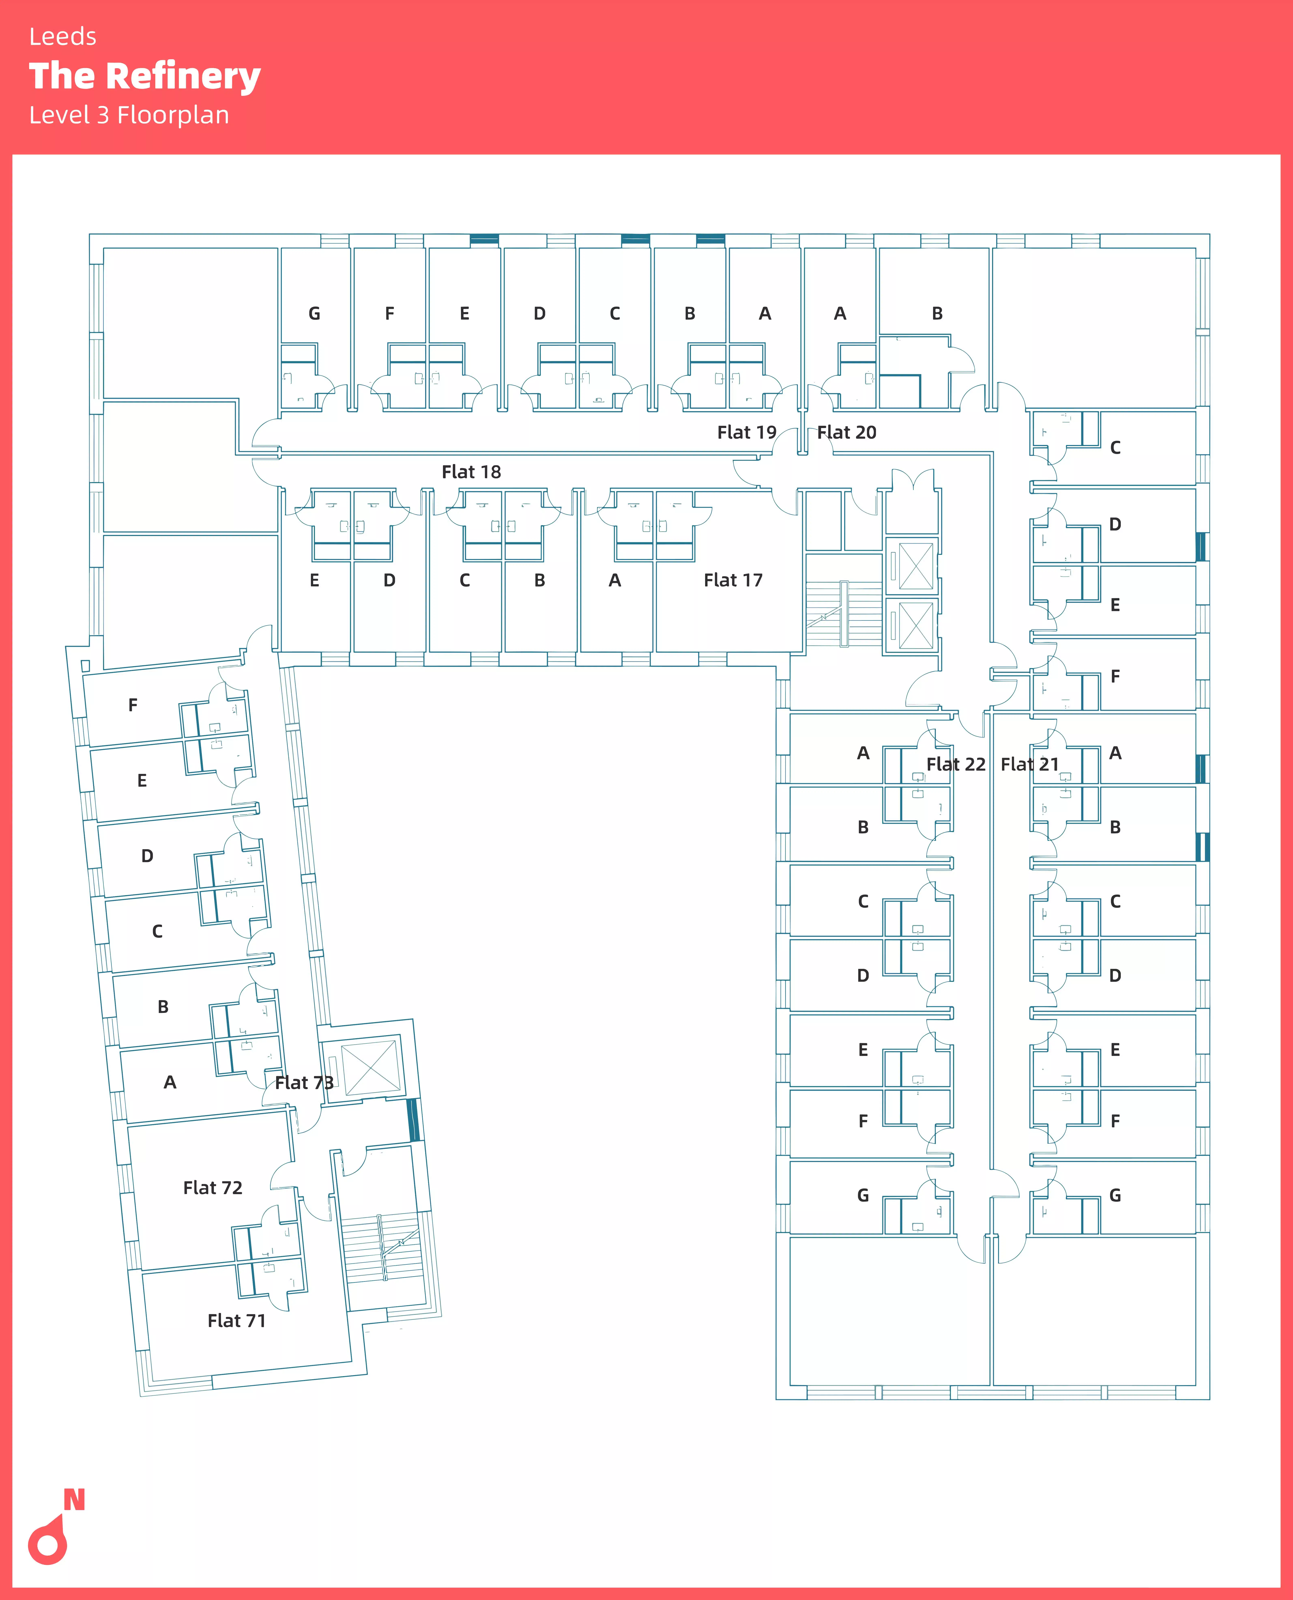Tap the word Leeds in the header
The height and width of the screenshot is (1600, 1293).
63,37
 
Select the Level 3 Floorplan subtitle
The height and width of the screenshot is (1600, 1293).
129,115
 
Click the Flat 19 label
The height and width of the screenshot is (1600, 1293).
746,432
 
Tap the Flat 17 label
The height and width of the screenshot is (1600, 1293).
733,580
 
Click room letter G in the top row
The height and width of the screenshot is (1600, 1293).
314,314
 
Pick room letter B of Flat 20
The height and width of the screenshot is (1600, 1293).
937,314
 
